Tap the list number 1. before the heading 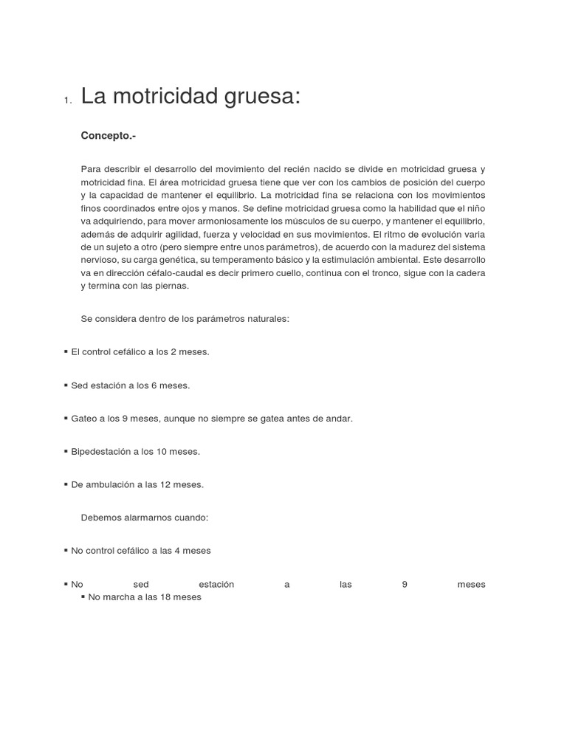[x=67, y=101]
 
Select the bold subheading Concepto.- [x=109, y=136]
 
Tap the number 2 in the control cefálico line [x=173, y=351]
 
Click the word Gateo [x=83, y=418]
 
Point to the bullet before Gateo [x=66, y=418]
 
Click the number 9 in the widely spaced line [x=405, y=584]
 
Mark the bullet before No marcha [x=83, y=597]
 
